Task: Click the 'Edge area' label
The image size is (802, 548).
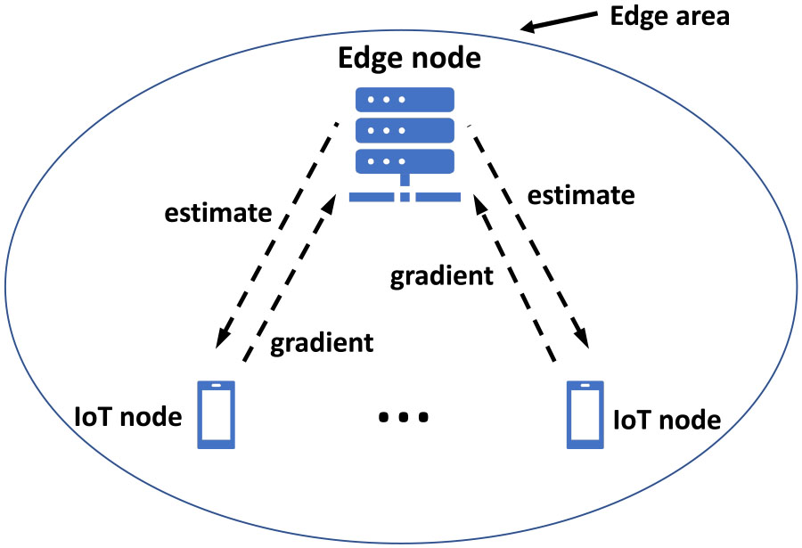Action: coord(669,17)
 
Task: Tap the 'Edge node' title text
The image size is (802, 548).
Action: coord(410,60)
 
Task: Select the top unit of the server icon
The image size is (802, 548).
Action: coord(405,99)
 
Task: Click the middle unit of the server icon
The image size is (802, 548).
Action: coord(405,130)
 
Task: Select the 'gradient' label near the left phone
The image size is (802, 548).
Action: coord(323,342)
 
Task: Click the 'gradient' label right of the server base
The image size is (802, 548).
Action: coord(441,275)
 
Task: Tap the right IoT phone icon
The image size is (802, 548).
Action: coord(585,414)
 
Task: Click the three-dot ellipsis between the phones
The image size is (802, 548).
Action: coord(404,417)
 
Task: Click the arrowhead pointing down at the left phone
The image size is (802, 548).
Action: coord(222,340)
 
